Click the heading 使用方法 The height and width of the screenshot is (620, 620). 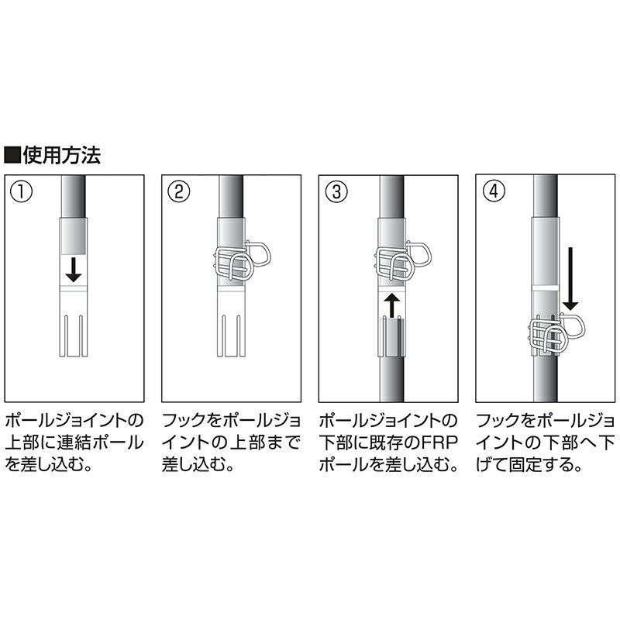coord(62,154)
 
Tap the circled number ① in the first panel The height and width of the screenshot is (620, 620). coord(22,191)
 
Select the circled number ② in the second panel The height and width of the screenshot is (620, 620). coord(179,191)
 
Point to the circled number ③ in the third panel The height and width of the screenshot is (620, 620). coord(336,191)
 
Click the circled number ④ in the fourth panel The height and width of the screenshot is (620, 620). coord(494,191)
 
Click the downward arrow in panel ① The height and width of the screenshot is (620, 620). coord(74,269)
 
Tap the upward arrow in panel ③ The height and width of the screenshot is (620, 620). coord(391,305)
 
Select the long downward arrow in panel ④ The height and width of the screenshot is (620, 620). coord(570,279)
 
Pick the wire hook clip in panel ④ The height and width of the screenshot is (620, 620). coord(556,332)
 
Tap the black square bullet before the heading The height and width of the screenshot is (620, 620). coord(12,155)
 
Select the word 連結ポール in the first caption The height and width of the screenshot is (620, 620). coord(100,443)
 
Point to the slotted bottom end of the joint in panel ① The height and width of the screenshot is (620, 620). coord(73,336)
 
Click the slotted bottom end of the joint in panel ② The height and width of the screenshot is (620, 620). coord(231,336)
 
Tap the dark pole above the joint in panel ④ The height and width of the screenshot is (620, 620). coord(546,196)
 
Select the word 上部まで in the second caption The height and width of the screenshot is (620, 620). coord(264,443)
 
